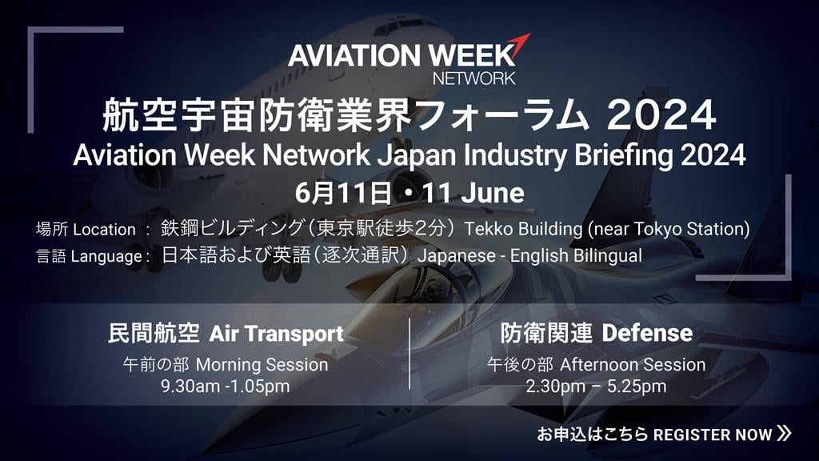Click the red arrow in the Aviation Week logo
click(520, 46)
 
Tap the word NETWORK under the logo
click(473, 78)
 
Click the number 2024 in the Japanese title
click(661, 115)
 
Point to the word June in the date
click(493, 193)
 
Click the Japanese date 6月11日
click(343, 193)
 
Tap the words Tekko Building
click(523, 229)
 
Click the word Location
click(105, 230)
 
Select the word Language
click(106, 256)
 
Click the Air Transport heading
click(276, 334)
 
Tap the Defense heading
click(647, 333)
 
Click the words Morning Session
click(262, 365)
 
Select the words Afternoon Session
click(633, 364)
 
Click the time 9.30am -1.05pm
click(225, 387)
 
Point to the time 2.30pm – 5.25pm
click(596, 387)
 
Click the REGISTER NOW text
click(713, 435)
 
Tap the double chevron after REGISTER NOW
click(784, 433)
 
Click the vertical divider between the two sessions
click(409, 354)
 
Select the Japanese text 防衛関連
click(546, 333)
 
